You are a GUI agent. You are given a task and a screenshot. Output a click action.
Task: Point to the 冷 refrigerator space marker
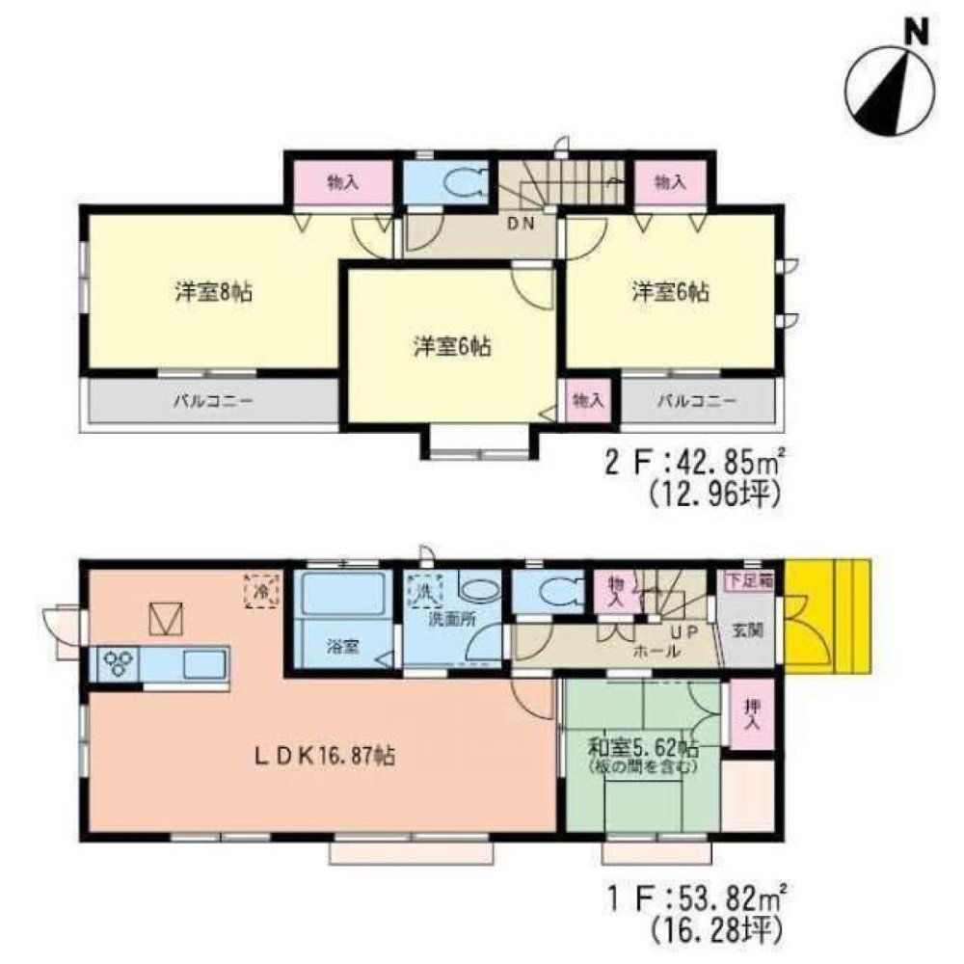(260, 589)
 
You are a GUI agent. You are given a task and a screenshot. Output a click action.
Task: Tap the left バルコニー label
(213, 400)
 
